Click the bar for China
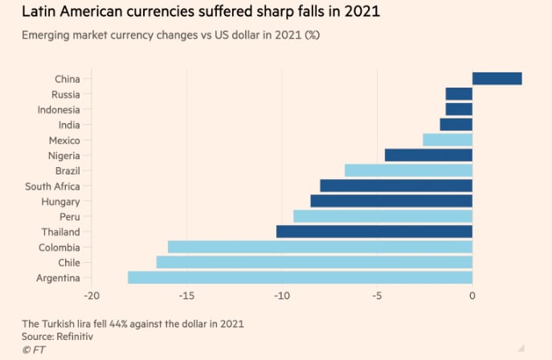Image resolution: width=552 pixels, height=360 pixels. click(497, 79)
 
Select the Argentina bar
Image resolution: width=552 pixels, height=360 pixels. click(300, 278)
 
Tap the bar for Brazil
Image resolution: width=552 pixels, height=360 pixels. click(408, 170)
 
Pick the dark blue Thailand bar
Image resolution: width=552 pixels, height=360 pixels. click(374, 231)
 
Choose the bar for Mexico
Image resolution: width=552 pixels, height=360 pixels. click(448, 140)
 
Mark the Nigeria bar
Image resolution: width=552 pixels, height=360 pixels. click(428, 155)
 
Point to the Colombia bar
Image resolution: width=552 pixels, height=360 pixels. click(320, 247)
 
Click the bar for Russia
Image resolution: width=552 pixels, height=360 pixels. click(459, 94)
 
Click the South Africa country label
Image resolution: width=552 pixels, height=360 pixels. click(52, 186)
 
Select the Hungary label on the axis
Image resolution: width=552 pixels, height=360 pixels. click(60, 202)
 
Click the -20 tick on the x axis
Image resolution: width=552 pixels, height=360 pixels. click(91, 296)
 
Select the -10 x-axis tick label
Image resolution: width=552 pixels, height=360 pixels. click(281, 296)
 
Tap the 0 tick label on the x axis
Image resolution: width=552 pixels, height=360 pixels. click(472, 296)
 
